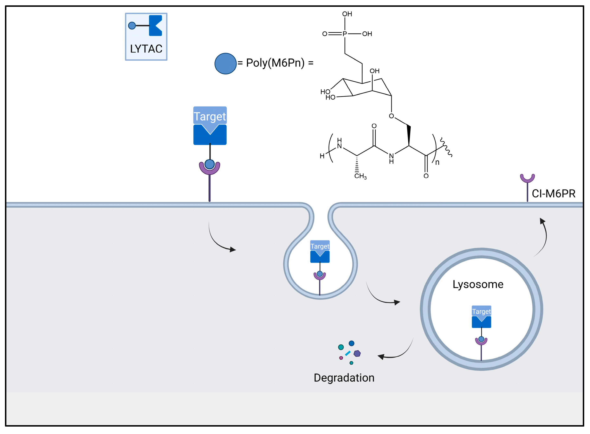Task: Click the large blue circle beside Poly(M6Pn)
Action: tap(225, 64)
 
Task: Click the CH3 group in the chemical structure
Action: tap(360, 176)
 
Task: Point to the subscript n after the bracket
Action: tap(437, 162)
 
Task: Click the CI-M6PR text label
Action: tap(553, 194)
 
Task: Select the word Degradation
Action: tap(344, 378)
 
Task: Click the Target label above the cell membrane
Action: tap(210, 116)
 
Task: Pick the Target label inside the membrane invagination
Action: tap(320, 246)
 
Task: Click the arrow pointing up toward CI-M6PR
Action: tap(543, 235)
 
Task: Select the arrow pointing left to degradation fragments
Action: tap(395, 353)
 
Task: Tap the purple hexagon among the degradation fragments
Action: tap(357, 353)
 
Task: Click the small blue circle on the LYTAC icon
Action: tap(132, 26)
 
